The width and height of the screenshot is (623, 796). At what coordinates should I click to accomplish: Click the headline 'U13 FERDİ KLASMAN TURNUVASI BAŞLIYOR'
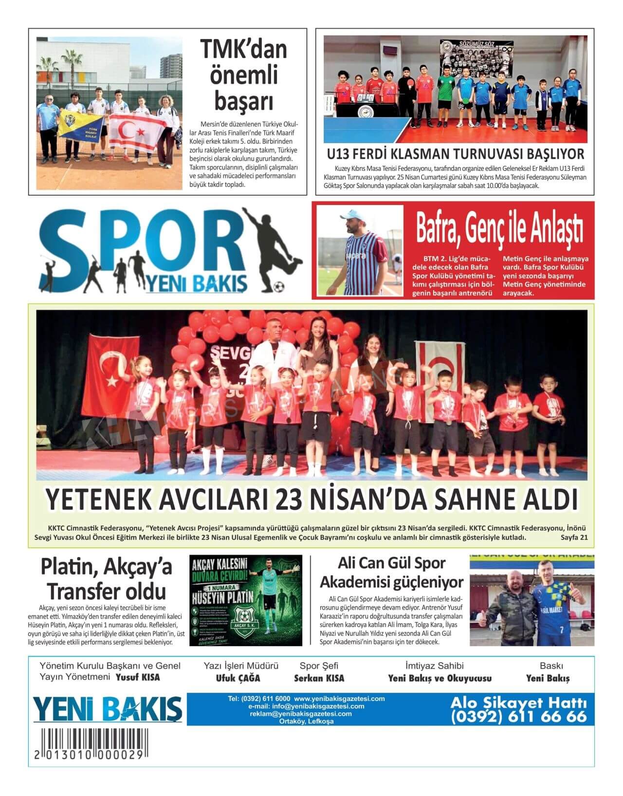(x=455, y=154)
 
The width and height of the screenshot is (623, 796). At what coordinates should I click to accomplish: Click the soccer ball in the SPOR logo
(x=279, y=285)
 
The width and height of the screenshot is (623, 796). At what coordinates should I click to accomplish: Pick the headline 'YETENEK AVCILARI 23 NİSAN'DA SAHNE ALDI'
(x=311, y=500)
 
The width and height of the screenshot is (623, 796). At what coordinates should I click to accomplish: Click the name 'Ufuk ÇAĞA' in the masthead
(x=238, y=678)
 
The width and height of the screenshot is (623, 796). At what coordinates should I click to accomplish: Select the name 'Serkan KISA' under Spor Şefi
(x=319, y=678)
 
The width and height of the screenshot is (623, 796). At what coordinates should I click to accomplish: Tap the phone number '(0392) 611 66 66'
(x=519, y=717)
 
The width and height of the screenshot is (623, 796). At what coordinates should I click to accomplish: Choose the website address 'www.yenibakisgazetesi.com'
(x=339, y=699)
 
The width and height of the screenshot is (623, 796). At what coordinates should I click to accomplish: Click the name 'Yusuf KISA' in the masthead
(x=138, y=677)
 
